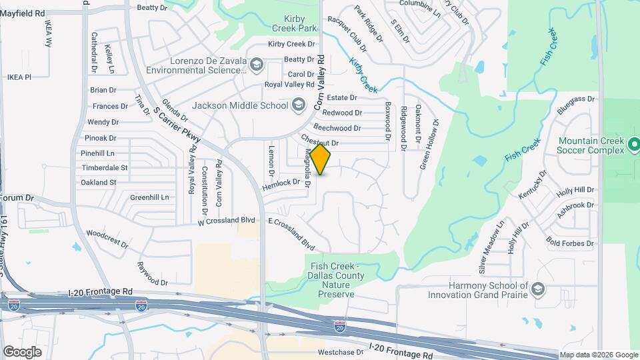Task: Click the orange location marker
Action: (321, 159)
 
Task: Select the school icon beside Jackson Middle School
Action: (299, 105)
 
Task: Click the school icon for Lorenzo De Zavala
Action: (257, 65)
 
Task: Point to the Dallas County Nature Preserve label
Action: (335, 276)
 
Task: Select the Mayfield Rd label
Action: (23, 13)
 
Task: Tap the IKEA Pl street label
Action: (19, 77)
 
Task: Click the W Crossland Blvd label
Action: (227, 221)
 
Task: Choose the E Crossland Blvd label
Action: (291, 234)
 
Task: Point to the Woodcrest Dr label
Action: (107, 239)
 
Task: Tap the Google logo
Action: (22, 351)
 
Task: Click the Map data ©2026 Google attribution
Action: (598, 355)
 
